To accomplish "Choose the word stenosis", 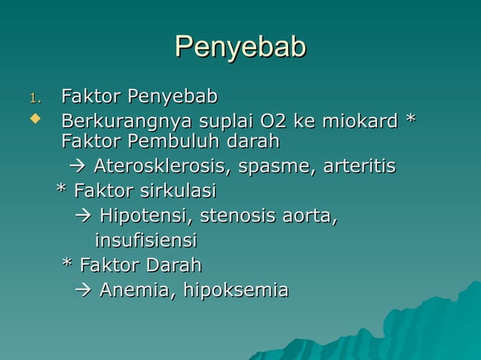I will coord(235,217).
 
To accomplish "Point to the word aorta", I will coord(307,217).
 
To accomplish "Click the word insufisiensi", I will coord(146,241).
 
